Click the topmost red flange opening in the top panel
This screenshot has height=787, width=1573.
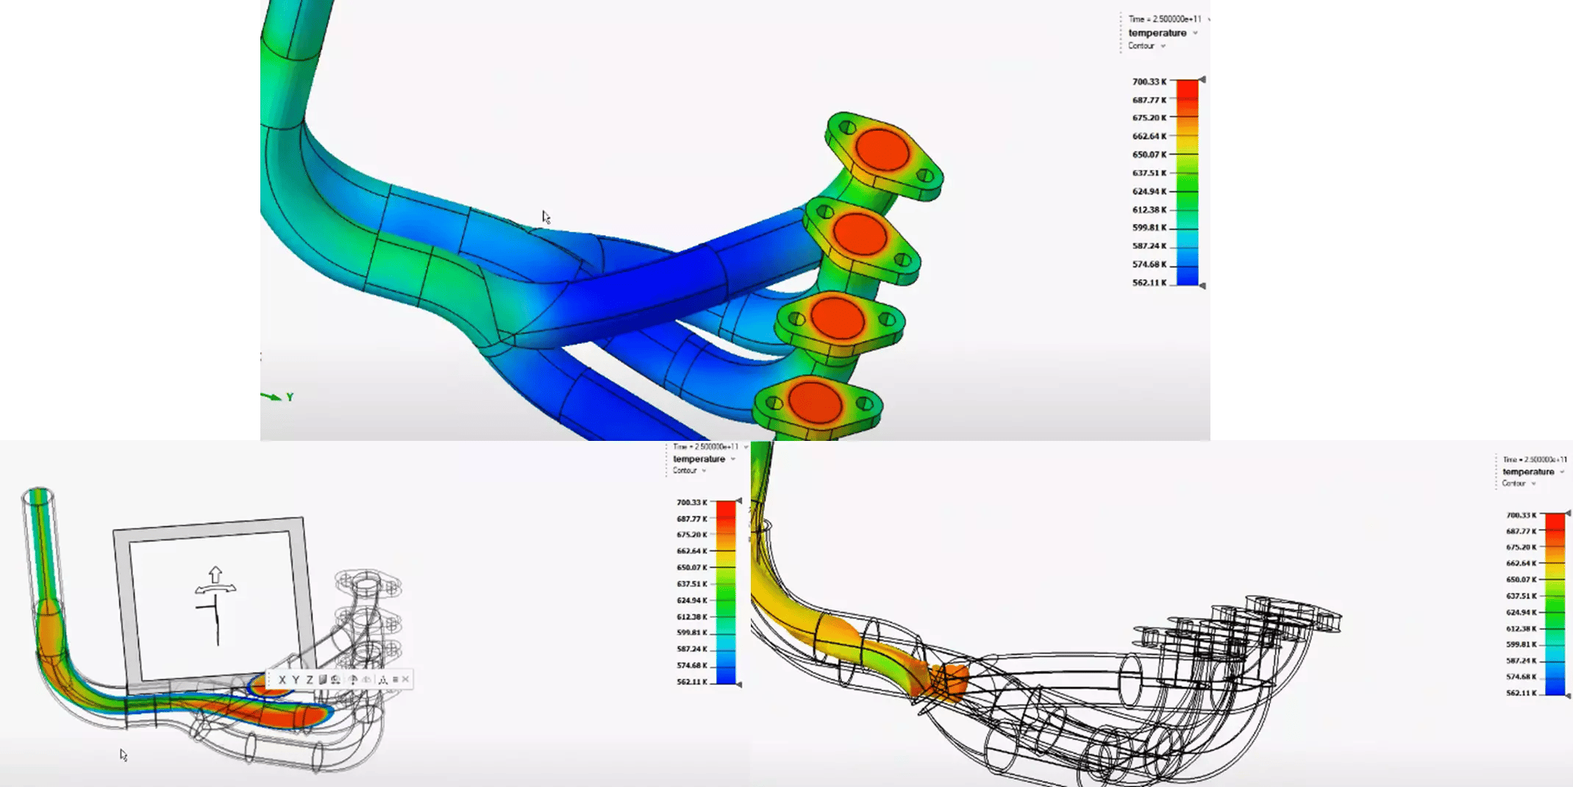click(x=882, y=150)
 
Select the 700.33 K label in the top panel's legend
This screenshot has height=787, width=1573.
click(x=1149, y=82)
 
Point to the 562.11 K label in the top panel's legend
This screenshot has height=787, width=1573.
click(x=1149, y=283)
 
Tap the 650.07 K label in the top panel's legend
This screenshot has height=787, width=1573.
click(x=1149, y=154)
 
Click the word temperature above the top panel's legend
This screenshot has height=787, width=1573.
click(x=1157, y=33)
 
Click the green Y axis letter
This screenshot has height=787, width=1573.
click(x=290, y=398)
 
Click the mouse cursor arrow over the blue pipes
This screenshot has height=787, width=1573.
click(x=546, y=217)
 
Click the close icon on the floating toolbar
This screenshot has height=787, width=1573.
click(x=405, y=680)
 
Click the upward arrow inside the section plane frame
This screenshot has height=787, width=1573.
click(x=215, y=573)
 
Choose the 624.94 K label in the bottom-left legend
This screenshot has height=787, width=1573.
click(x=691, y=600)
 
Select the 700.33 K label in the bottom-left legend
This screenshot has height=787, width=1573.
click(x=691, y=503)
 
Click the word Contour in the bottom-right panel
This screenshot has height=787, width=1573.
click(x=1513, y=484)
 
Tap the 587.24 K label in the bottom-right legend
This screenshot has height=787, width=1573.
click(x=1521, y=661)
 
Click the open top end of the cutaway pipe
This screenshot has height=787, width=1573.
click(x=38, y=496)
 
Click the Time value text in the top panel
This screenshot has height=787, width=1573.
click(x=1165, y=19)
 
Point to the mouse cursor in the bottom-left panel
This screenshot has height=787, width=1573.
click(x=123, y=755)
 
